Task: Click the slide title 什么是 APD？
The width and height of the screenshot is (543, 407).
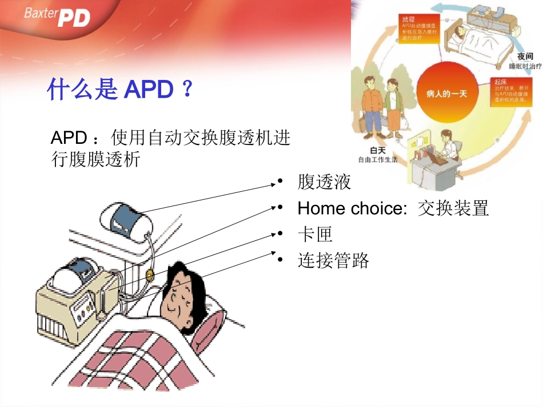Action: pos(120,90)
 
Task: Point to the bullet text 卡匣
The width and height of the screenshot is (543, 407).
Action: pos(315,235)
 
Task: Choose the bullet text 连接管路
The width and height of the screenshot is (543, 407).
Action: pos(333,261)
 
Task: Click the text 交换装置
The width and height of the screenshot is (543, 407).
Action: pos(453,208)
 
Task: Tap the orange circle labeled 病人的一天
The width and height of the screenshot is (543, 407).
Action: pos(446,93)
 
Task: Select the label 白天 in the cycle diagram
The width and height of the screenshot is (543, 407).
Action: pos(377,150)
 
